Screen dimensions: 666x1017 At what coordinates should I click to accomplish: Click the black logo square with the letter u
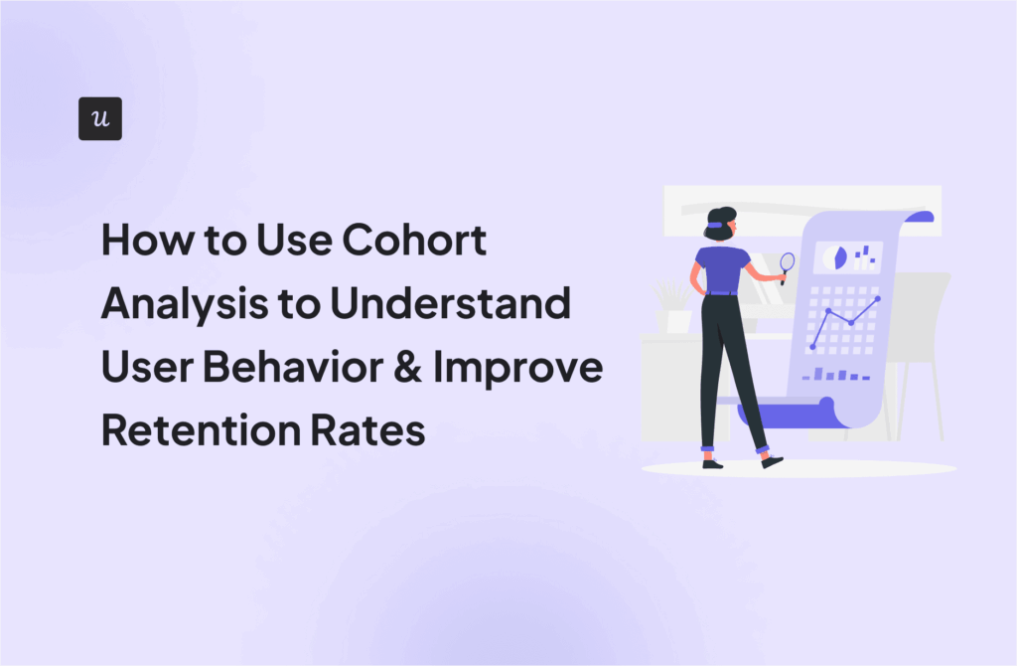coord(99,118)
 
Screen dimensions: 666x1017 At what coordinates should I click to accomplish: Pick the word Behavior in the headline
coord(294,369)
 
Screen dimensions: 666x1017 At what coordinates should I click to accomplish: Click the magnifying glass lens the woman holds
coord(788,262)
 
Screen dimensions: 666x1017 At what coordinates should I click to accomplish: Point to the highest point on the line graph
coord(878,298)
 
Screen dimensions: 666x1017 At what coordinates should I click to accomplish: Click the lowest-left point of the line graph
coord(812,345)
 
